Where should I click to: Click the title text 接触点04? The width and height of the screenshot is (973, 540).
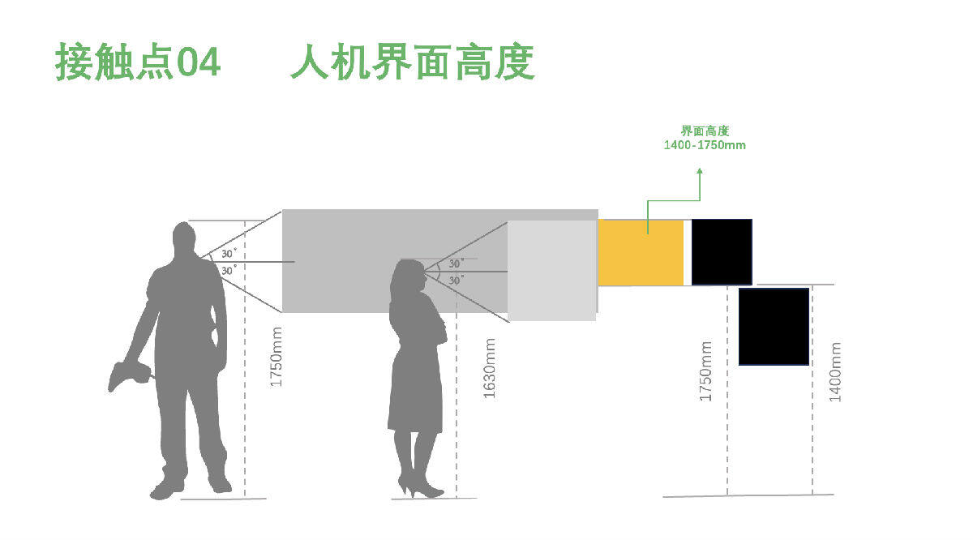point(138,62)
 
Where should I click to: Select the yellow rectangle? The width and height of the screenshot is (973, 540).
point(641,252)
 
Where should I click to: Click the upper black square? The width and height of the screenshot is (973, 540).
point(722,252)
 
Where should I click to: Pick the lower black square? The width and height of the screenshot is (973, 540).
point(774,327)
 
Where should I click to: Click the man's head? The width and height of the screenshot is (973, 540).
point(185,242)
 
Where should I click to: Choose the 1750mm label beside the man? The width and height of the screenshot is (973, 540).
point(276,357)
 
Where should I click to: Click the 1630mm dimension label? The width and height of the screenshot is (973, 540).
point(490,369)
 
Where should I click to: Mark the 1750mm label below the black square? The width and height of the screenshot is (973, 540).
point(706,371)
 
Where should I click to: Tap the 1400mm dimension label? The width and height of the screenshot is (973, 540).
point(836,371)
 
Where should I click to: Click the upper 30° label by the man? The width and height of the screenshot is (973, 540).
point(229,254)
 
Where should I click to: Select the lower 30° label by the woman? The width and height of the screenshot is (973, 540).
point(456,280)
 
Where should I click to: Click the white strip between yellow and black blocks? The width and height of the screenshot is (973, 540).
point(688,252)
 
